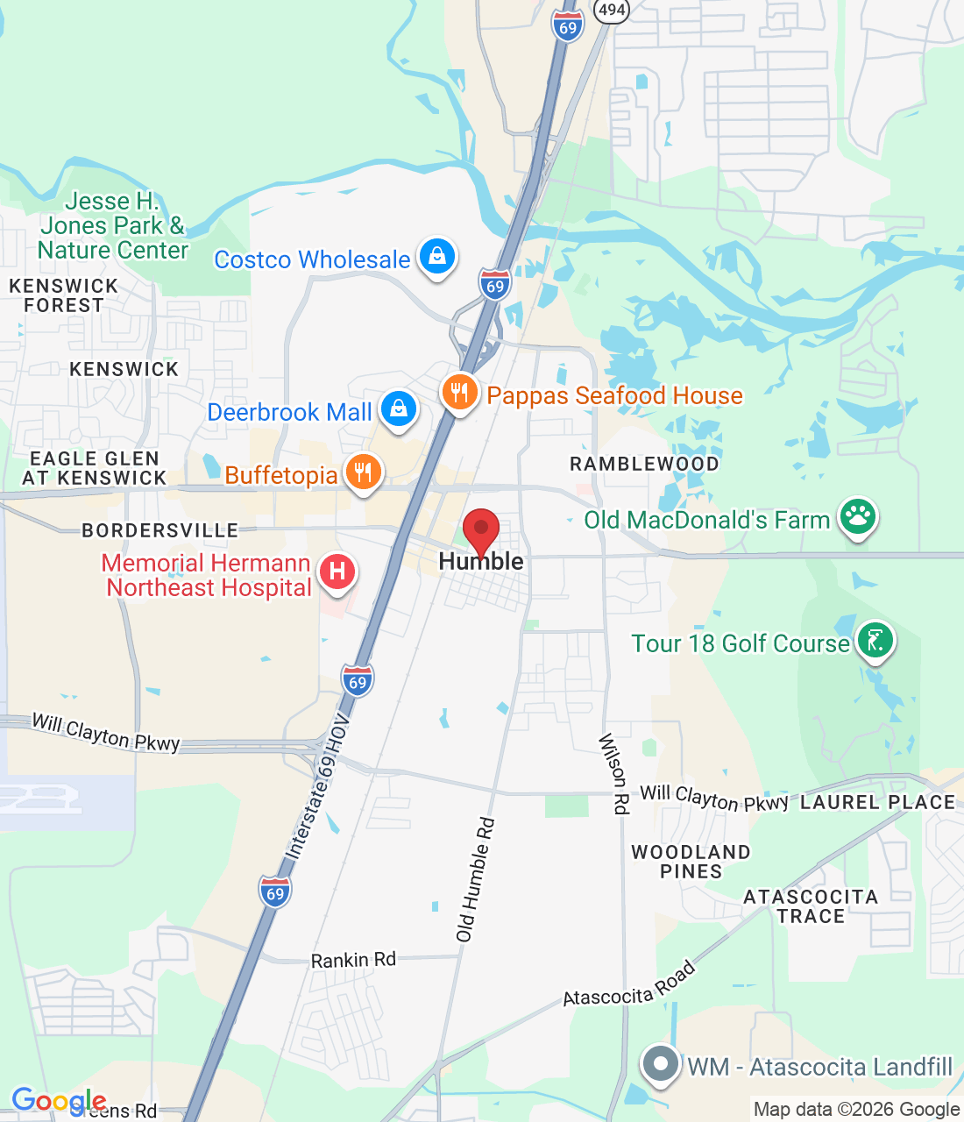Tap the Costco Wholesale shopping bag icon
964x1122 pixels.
[437, 257]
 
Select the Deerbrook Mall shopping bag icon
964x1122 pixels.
[399, 409]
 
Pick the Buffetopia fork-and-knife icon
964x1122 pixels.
[363, 473]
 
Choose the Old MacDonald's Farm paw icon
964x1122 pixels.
[858, 517]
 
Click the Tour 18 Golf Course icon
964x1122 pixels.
[875, 641]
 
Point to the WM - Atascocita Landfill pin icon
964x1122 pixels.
[661, 1065]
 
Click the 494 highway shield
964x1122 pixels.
[611, 10]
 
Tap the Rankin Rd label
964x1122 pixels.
[353, 960]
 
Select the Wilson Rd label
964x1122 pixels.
[613, 774]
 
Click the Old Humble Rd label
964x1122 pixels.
[476, 879]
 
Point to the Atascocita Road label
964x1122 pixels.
[629, 985]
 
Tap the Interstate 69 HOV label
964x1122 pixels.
[317, 786]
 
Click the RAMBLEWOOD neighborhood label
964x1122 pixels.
[644, 464]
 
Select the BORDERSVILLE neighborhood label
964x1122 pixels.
[160, 530]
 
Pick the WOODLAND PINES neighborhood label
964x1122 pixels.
[691, 862]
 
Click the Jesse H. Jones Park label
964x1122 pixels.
[113, 226]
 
